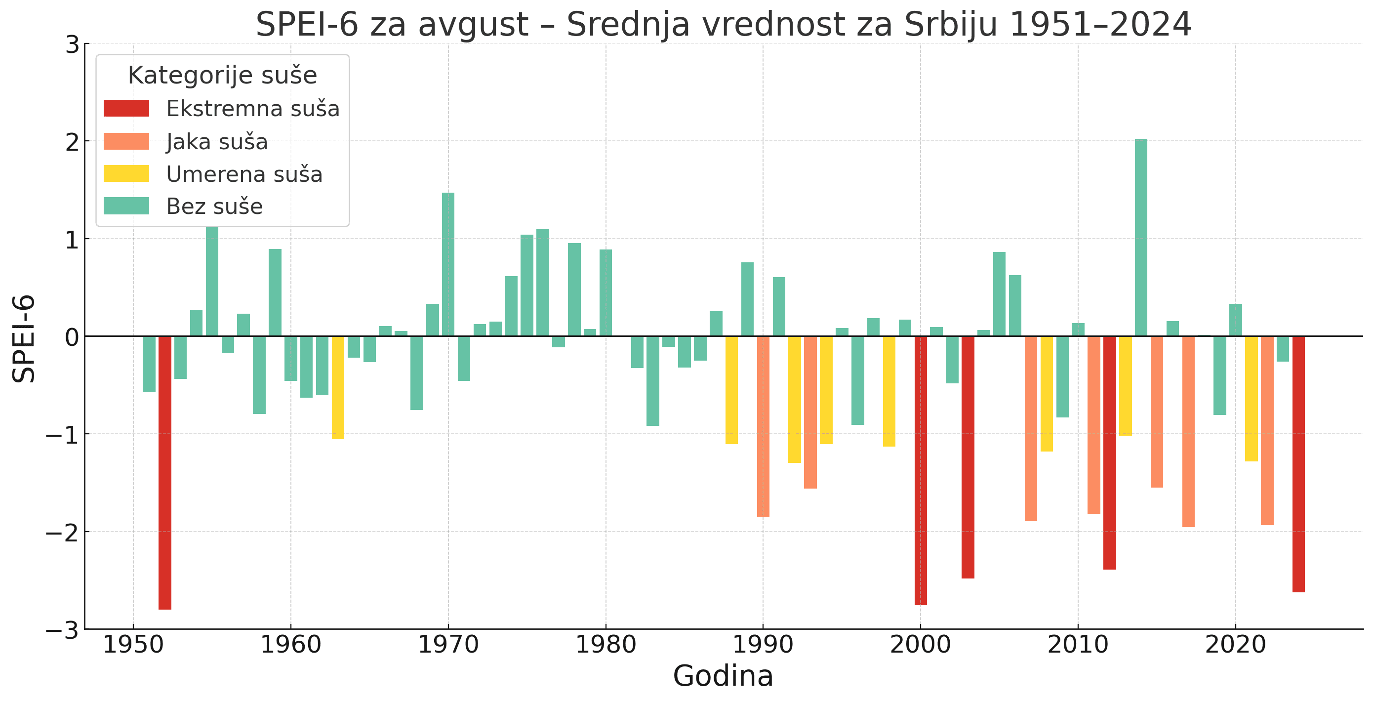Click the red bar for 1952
click(x=164, y=472)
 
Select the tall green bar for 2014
click(x=1140, y=237)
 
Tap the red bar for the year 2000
click(x=921, y=470)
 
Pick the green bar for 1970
click(x=448, y=264)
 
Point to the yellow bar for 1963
click(x=338, y=387)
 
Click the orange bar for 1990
click(x=763, y=426)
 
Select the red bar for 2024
click(x=1298, y=464)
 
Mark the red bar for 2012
click(x=1110, y=453)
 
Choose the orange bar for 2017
click(x=1188, y=431)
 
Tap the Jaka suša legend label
click(x=217, y=142)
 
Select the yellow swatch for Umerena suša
click(x=126, y=174)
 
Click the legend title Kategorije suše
click(x=222, y=76)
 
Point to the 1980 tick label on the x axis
click(x=606, y=645)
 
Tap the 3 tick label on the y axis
click(x=73, y=45)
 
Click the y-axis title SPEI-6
click(x=24, y=338)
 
